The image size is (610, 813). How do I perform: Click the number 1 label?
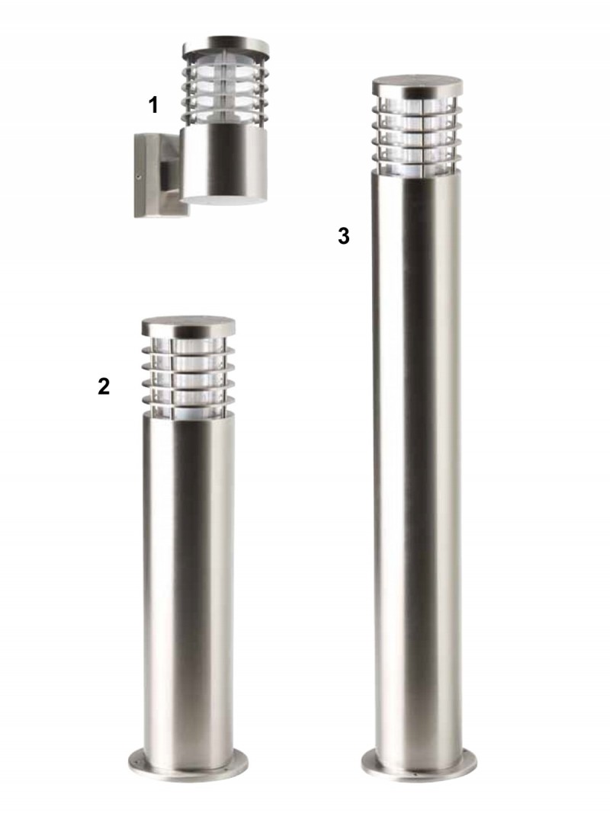click(153, 105)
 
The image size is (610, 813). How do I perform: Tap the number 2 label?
click(104, 386)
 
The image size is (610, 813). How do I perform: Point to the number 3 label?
click(343, 236)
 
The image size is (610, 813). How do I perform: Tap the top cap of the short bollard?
click(188, 327)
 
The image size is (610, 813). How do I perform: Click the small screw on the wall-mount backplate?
click(140, 177)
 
